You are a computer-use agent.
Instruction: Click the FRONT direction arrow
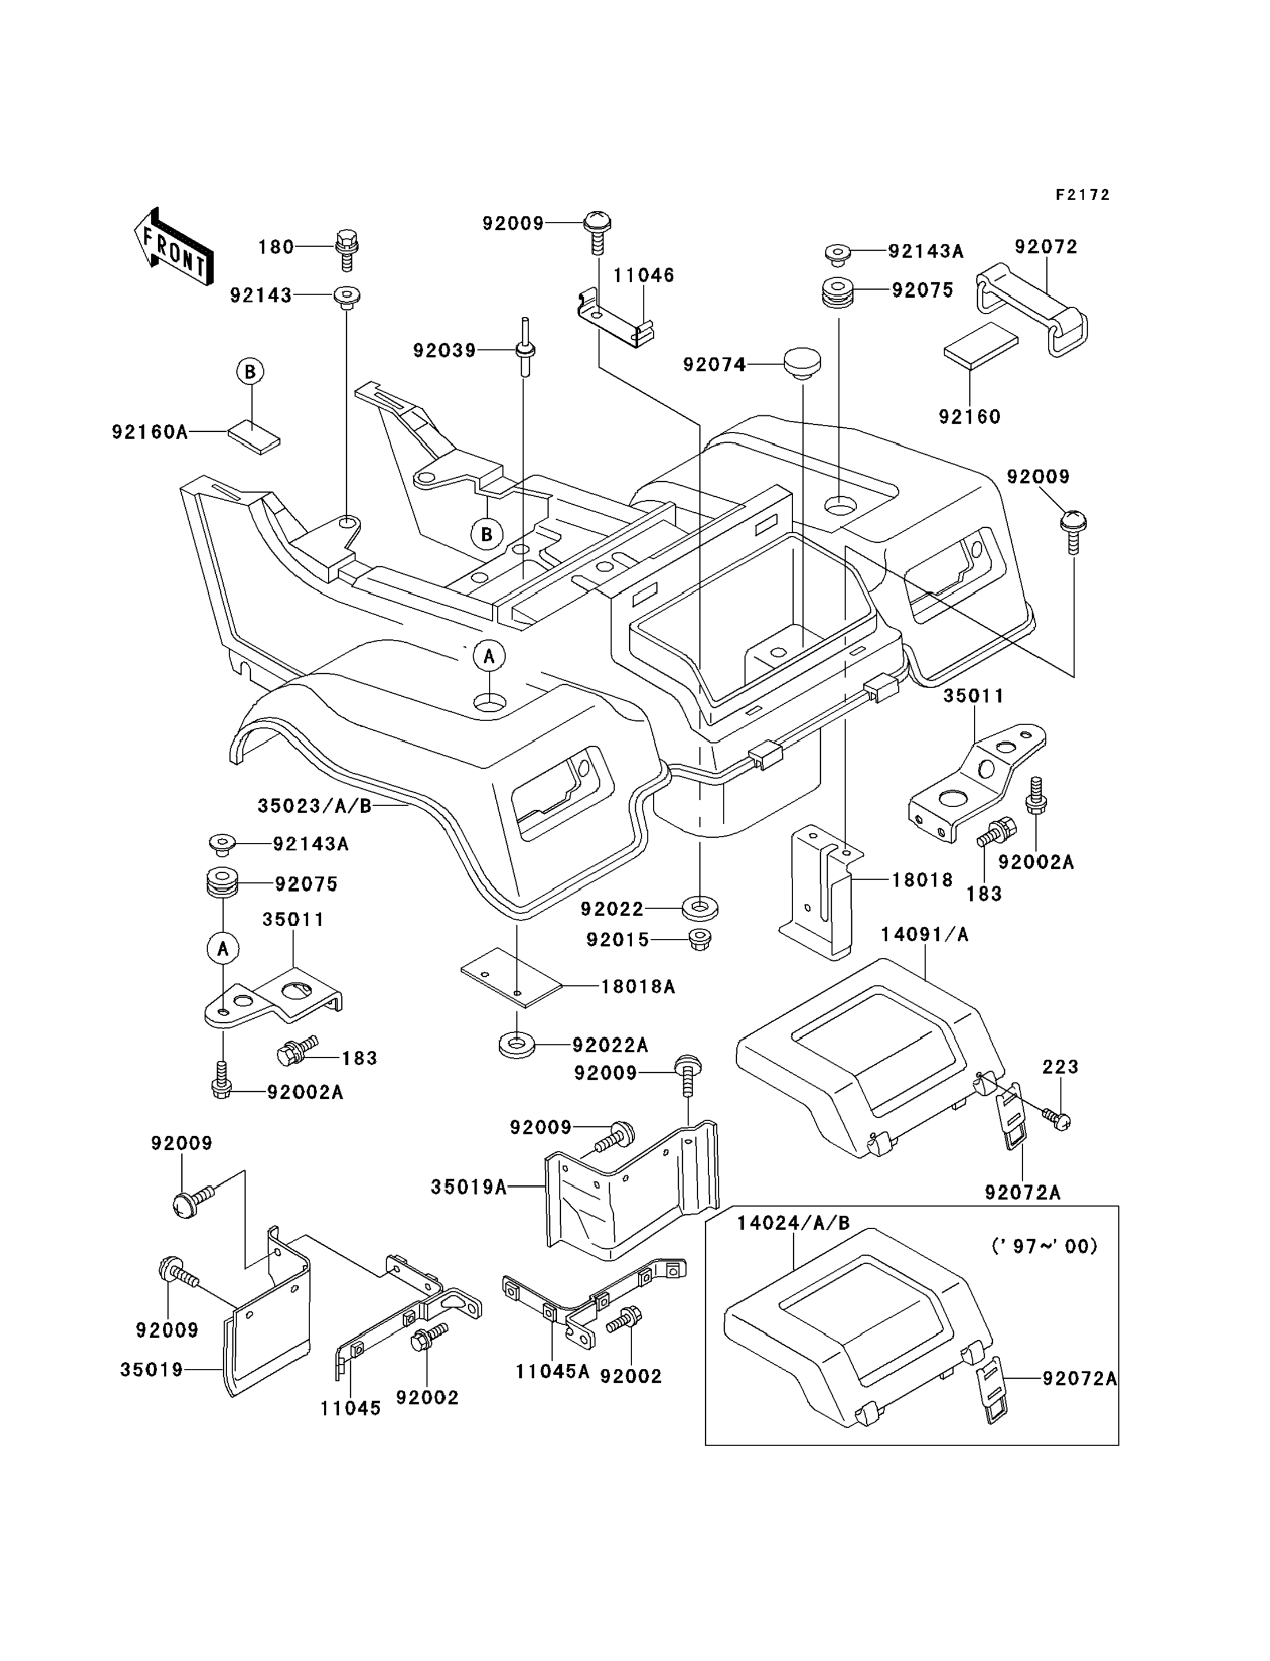(x=173, y=247)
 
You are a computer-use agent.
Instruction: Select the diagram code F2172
(x=1082, y=195)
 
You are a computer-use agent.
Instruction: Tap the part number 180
(x=276, y=247)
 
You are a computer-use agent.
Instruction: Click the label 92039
(x=445, y=351)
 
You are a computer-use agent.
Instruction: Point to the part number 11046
(x=643, y=275)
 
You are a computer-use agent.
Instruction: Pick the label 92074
(x=714, y=365)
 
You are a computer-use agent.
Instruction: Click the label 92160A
(x=150, y=432)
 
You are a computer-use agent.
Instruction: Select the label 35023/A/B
(x=315, y=805)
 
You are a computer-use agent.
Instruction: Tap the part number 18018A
(x=638, y=986)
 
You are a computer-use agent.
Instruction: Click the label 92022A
(x=610, y=1045)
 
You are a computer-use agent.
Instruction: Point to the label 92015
(x=618, y=939)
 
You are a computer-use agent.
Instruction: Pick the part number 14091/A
(x=924, y=935)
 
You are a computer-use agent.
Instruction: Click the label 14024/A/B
(x=794, y=1223)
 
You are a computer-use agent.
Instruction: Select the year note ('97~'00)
(x=1044, y=1245)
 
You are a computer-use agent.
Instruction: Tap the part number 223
(x=1060, y=1067)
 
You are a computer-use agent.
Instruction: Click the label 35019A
(x=469, y=1187)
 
